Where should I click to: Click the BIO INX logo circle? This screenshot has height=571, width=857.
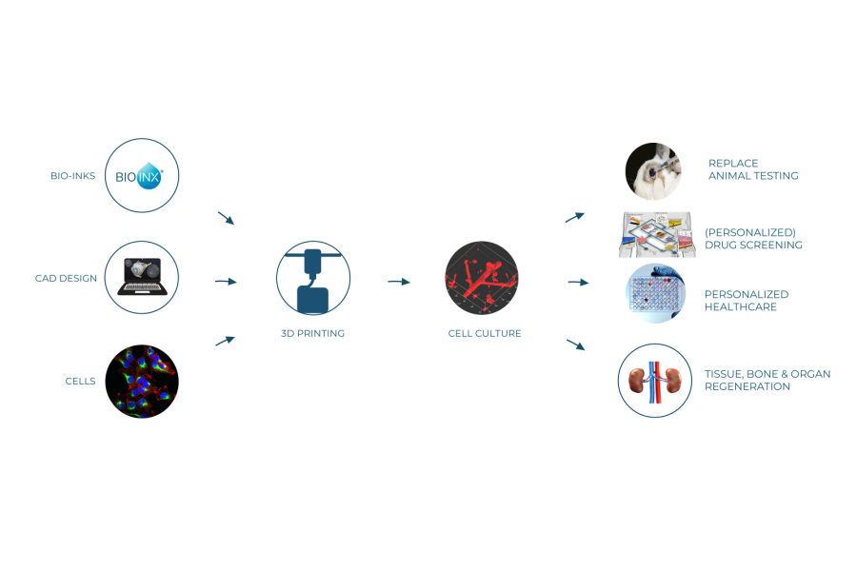142,176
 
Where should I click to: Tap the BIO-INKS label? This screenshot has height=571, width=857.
73,176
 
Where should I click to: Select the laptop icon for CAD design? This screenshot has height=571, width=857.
142,278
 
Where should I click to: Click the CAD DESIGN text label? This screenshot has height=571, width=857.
66,279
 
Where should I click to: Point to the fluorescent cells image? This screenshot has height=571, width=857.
142,381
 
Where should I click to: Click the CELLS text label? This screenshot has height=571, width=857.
80,382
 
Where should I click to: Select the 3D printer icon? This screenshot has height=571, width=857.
313,278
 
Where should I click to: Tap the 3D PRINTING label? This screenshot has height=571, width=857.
313,334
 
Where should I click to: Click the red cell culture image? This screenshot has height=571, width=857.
482,278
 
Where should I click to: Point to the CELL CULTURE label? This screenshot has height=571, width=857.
485,334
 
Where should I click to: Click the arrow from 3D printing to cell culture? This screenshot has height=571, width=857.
399,282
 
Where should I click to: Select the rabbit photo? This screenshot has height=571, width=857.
653,171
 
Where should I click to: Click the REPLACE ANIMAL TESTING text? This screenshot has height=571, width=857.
752,169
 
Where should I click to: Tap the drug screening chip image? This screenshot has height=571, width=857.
656,234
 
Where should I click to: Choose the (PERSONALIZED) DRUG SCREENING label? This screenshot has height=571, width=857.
752,239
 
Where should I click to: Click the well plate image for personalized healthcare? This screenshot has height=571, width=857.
655,293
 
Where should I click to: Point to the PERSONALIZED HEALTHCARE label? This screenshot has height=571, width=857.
747,301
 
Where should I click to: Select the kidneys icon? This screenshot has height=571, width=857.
655,381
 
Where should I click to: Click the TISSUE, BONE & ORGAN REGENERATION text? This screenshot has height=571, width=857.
767,381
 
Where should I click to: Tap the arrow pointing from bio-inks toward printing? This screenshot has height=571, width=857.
226,218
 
